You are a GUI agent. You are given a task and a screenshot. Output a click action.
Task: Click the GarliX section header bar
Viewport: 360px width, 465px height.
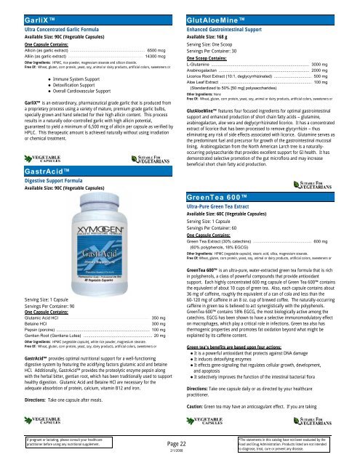(89, 7)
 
